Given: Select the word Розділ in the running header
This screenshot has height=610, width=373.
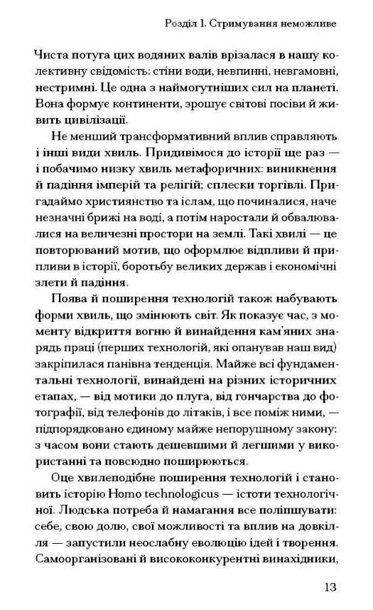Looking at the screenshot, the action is (x=180, y=23).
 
